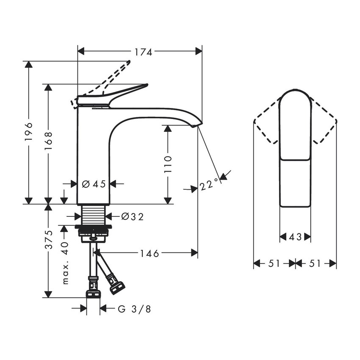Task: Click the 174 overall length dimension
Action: click(143, 52)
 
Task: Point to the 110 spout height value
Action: click(168, 164)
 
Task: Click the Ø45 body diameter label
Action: click(93, 184)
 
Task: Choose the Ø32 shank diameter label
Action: click(132, 217)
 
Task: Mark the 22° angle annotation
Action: click(209, 185)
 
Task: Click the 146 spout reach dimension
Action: click(150, 253)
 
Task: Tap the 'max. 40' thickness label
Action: click(64, 263)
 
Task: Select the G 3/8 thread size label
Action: click(134, 309)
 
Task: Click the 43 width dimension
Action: click(295, 238)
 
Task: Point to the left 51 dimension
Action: click(274, 263)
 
